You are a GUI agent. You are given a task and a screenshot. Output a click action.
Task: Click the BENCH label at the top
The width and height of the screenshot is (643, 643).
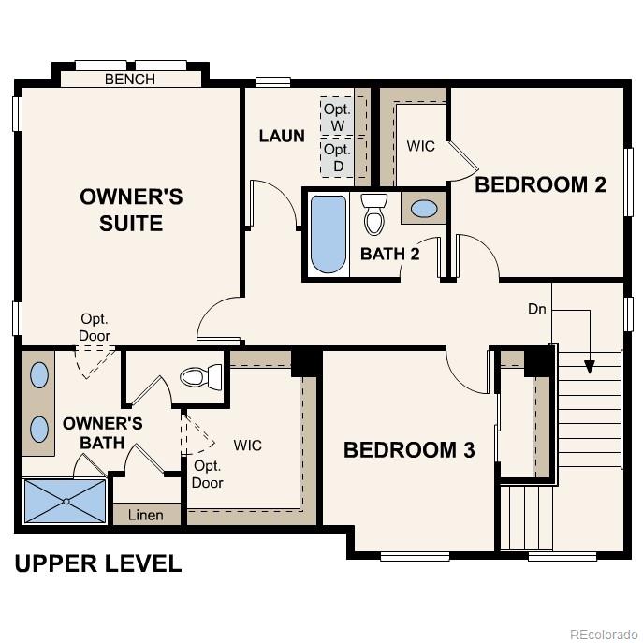click(130, 80)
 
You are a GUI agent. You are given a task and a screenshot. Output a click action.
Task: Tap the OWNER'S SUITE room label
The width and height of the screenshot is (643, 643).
click(130, 210)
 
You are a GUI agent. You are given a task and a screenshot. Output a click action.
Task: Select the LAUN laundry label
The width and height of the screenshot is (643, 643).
click(282, 136)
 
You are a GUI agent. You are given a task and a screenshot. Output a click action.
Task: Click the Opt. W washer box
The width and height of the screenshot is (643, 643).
click(337, 116)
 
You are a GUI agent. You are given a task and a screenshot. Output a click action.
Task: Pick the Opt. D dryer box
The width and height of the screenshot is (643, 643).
click(337, 157)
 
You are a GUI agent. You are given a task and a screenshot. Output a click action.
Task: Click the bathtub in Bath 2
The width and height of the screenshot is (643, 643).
click(329, 233)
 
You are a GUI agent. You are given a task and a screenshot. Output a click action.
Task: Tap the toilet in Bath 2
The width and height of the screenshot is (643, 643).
click(374, 214)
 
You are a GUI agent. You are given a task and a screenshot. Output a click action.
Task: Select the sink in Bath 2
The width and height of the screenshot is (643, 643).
click(424, 209)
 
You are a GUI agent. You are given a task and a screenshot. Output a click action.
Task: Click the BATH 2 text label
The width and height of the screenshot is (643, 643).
click(389, 254)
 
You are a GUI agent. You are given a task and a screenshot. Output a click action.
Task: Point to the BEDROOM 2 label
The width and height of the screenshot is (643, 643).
click(540, 184)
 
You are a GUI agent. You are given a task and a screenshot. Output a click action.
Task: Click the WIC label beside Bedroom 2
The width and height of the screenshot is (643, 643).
click(420, 147)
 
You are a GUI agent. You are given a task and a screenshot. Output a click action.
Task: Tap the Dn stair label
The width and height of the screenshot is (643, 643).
click(537, 308)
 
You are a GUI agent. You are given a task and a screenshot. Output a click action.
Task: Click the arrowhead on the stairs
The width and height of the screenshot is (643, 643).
click(590, 366)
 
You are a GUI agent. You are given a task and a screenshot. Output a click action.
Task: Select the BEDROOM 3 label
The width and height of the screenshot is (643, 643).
click(409, 450)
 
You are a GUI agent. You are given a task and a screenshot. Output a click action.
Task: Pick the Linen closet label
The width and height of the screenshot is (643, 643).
click(145, 515)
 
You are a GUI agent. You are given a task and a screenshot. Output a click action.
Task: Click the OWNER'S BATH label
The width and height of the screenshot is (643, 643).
click(103, 432)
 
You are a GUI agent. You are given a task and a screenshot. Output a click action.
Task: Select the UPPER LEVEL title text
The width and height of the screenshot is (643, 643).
click(97, 563)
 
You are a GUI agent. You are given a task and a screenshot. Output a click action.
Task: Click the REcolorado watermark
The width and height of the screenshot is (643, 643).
click(602, 631)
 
